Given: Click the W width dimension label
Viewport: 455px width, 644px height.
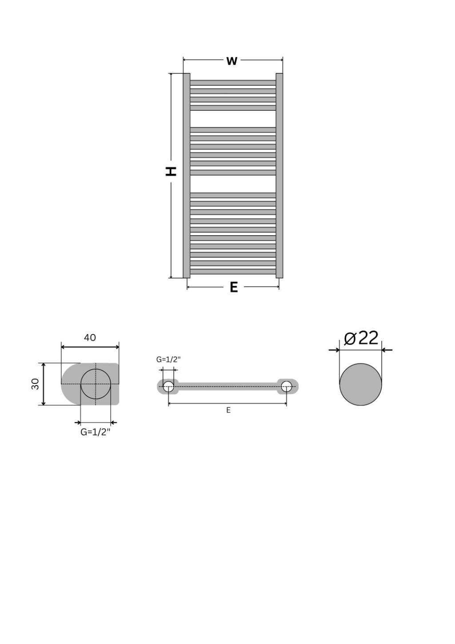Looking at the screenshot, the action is (x=232, y=61).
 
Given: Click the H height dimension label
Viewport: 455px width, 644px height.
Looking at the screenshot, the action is (x=171, y=171).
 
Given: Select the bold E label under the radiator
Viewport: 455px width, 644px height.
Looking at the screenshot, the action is (x=234, y=287).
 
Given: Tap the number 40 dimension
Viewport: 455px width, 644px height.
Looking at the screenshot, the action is (x=90, y=338).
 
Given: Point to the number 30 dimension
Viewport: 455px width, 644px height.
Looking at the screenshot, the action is (x=35, y=384).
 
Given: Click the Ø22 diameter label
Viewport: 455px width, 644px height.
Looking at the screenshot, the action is (x=361, y=338).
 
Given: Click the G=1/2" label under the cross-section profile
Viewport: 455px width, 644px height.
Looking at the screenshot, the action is (x=96, y=432).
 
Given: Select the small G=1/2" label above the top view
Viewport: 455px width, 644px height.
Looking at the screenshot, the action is (x=168, y=359).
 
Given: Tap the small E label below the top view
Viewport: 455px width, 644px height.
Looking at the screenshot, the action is (x=228, y=410).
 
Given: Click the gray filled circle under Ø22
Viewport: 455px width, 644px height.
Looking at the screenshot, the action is (x=360, y=384).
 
